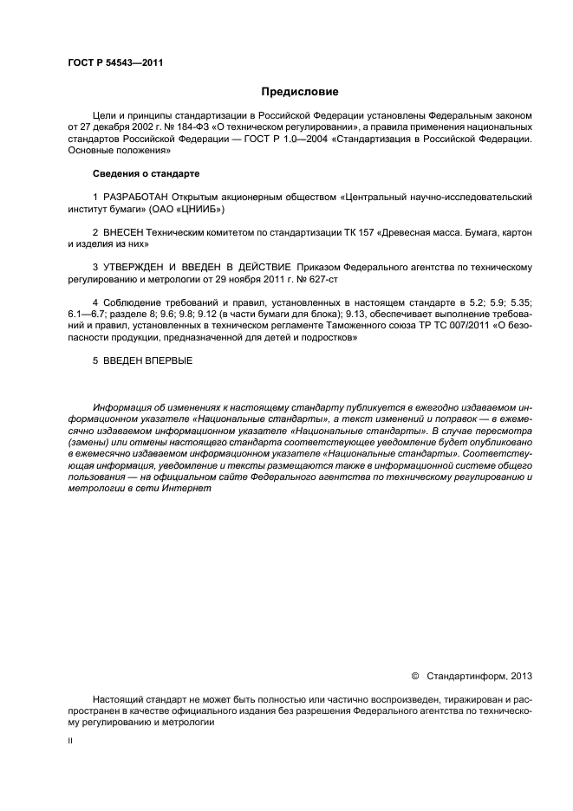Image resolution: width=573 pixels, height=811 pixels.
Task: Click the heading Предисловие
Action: point(300,91)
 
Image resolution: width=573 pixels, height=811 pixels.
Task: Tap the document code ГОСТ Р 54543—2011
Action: point(115,63)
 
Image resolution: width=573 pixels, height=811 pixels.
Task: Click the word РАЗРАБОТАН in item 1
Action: point(136,197)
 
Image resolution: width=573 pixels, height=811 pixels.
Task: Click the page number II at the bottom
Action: point(70,742)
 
